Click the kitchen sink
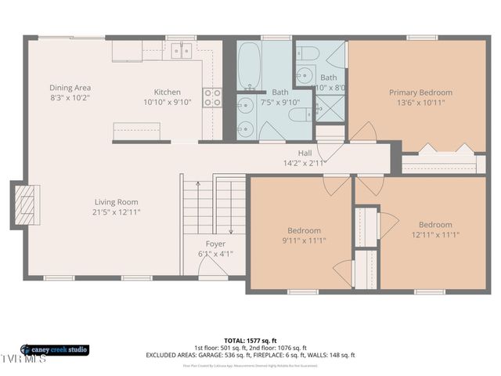[x=182, y=51]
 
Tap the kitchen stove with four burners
[x=212, y=98]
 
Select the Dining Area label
[x=71, y=87]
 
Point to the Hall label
[x=305, y=153]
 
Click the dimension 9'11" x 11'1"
[x=303, y=240]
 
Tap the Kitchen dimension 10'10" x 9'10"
[x=167, y=102]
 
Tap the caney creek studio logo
[x=55, y=349]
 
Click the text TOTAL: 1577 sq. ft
[x=250, y=340]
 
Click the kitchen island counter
[x=137, y=130]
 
